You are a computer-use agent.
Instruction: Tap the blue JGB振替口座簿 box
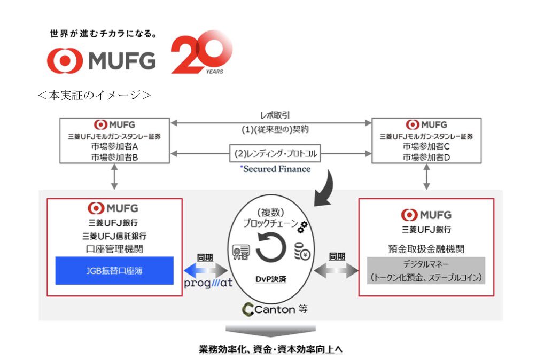point(114,270)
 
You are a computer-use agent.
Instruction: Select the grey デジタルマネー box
point(426,270)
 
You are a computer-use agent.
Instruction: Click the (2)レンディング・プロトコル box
point(275,153)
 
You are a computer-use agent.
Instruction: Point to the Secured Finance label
point(276,169)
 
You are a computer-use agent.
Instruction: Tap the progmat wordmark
point(208,283)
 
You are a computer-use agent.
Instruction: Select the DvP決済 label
point(271,279)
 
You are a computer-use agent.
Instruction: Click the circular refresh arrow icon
point(271,247)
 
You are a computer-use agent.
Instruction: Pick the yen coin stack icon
point(302,252)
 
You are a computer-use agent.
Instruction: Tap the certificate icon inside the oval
point(241,252)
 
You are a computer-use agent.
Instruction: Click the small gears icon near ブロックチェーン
point(302,227)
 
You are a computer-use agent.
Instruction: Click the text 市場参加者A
point(114,146)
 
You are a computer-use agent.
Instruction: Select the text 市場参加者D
point(426,157)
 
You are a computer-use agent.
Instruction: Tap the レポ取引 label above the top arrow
point(275,115)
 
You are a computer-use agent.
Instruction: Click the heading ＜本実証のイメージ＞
point(94,95)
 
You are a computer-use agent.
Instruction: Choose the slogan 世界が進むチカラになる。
point(104,34)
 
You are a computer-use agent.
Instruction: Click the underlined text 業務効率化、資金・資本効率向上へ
point(270,349)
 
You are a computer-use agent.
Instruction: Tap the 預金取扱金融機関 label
point(426,249)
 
